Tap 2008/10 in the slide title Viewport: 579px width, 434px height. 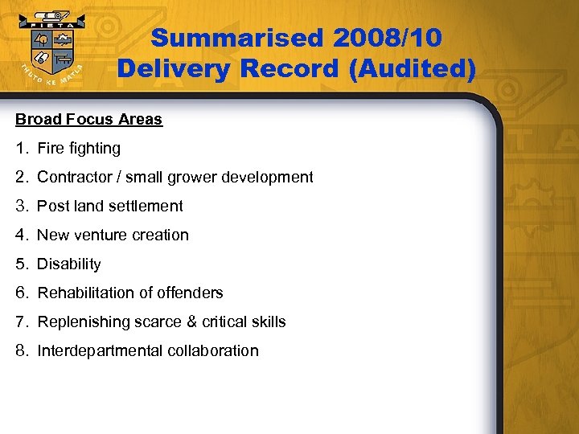[384, 38]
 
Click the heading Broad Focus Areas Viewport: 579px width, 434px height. [88, 120]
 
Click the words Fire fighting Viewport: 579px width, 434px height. [79, 149]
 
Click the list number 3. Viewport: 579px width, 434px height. [21, 207]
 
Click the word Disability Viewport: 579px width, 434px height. [69, 264]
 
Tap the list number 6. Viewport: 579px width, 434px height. [21, 293]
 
